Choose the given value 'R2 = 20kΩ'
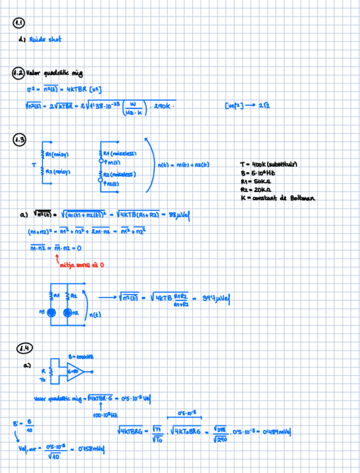256,189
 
